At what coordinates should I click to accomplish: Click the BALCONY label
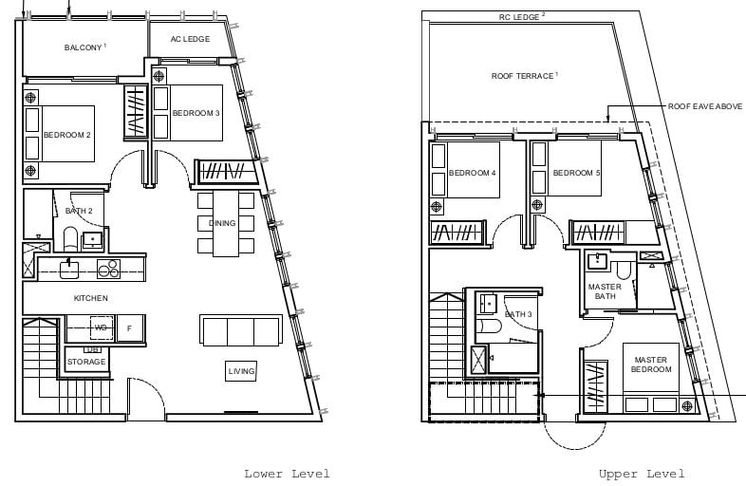click(83, 47)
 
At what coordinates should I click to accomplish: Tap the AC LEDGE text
click(191, 39)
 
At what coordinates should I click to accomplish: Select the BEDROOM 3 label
click(196, 113)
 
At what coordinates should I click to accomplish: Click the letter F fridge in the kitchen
click(130, 328)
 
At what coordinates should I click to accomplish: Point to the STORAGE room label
click(86, 362)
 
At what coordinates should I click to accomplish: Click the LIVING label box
click(241, 371)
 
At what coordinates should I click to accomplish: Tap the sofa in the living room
click(241, 330)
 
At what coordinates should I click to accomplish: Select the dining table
click(226, 224)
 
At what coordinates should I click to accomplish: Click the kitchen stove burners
click(109, 269)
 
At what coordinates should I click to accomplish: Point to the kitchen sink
click(69, 270)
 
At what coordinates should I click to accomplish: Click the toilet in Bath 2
click(70, 239)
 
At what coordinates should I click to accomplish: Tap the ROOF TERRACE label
click(522, 76)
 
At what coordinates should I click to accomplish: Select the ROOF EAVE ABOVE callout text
click(704, 106)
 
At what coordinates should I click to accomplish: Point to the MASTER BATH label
click(605, 291)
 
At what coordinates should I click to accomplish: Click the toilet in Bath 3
click(489, 327)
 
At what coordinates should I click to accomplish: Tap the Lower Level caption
click(287, 474)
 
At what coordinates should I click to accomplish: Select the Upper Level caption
click(642, 474)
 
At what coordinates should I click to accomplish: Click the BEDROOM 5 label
click(576, 173)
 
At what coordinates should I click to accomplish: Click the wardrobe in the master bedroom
click(596, 386)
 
